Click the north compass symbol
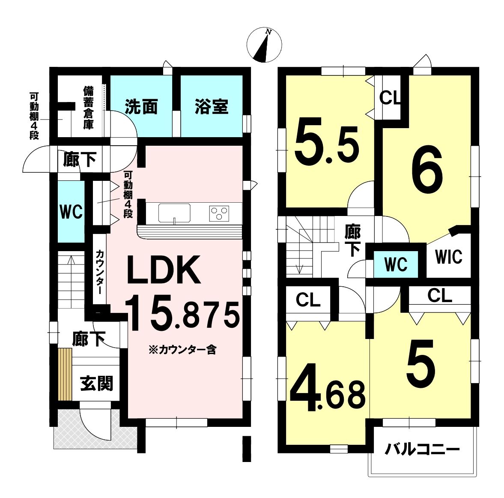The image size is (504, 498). click(x=265, y=45)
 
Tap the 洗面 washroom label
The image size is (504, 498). click(x=141, y=106)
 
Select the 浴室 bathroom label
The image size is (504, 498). click(x=212, y=106)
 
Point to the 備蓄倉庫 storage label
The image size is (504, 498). click(x=88, y=108)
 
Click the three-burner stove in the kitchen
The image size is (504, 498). click(x=219, y=213)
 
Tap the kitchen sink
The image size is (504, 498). click(x=174, y=213)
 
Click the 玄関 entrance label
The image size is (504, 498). click(x=96, y=384)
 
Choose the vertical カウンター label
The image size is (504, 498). click(x=99, y=272)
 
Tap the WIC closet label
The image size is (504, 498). click(x=449, y=257)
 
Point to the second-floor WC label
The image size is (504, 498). click(x=396, y=264)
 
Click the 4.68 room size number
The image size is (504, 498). click(x=328, y=387)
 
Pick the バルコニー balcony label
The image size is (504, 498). click(x=422, y=450)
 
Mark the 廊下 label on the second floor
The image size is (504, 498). click(x=352, y=240)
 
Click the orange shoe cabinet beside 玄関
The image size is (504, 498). click(x=65, y=375)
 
